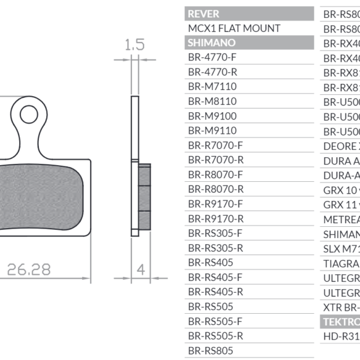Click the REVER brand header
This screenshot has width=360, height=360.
[204, 14]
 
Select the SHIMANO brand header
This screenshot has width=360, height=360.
[212, 43]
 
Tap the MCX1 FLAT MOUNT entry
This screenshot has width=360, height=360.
[234, 28]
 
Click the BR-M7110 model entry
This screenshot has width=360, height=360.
[212, 86]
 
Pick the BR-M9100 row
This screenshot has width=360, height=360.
[212, 116]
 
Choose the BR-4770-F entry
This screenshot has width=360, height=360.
[212, 58]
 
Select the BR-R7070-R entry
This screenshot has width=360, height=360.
[215, 160]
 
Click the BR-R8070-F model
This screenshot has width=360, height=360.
[215, 175]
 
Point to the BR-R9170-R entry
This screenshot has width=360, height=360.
[215, 218]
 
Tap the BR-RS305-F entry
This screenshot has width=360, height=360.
[215, 233]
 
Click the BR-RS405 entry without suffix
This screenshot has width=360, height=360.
[211, 262]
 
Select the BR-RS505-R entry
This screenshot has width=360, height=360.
[215, 335]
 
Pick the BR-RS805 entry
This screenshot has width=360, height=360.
[211, 350]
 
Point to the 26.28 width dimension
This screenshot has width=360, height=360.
[29, 269]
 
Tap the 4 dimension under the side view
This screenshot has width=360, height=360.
[142, 269]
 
